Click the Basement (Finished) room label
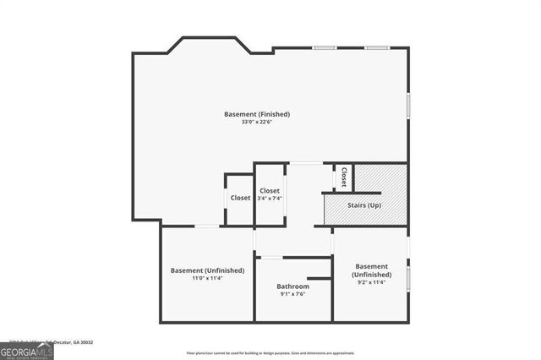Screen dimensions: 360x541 click(x=257, y=114)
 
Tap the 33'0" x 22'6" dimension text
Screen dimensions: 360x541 click(x=257, y=122)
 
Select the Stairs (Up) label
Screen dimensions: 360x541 click(x=363, y=205)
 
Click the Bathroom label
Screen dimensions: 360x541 click(x=292, y=286)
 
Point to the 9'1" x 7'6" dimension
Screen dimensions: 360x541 click(x=292, y=295)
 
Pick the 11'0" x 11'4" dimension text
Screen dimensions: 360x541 click(x=207, y=278)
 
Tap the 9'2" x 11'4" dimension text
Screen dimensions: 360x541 click(x=371, y=283)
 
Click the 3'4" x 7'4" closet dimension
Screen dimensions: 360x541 click(x=270, y=199)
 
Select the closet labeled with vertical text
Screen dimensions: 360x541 click(x=344, y=177)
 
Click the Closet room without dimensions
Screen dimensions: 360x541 click(x=240, y=198)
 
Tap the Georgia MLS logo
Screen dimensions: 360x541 click(x=26, y=351)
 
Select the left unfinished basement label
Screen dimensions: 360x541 click(x=207, y=270)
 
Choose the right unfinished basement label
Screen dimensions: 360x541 click(x=371, y=270)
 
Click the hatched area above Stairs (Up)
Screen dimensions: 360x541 click(x=380, y=177)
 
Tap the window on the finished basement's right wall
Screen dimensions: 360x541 click(x=408, y=105)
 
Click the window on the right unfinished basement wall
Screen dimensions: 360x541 click(x=408, y=278)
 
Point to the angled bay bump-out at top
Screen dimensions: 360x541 click(x=209, y=42)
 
